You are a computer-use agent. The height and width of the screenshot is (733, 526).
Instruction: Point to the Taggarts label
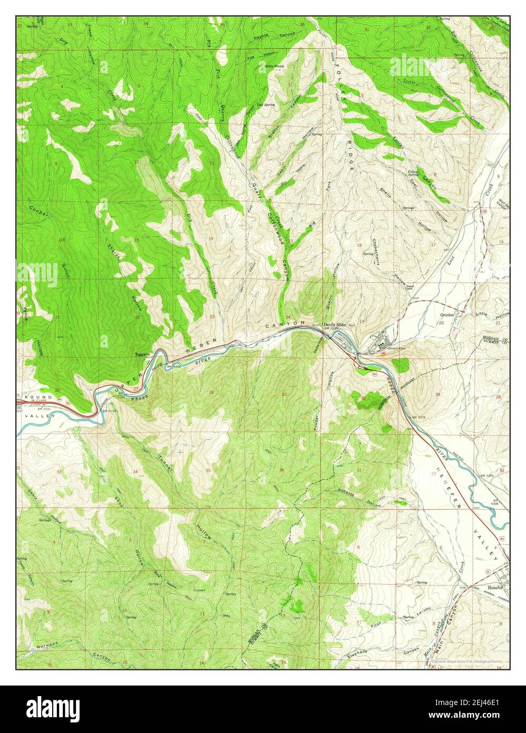[x=142, y=354]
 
